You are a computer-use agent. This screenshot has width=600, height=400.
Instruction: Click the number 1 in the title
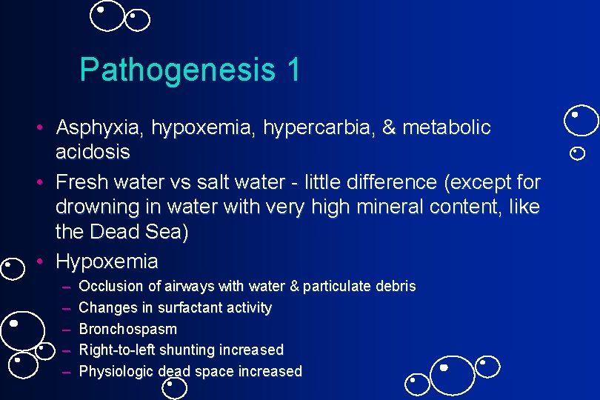pyautogui.click(x=292, y=70)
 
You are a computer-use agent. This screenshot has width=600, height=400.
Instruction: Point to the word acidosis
pyautogui.click(x=93, y=153)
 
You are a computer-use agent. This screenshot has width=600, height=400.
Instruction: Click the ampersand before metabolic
pyautogui.click(x=390, y=128)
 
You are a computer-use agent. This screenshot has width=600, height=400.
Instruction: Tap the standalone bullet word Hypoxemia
pyautogui.click(x=107, y=261)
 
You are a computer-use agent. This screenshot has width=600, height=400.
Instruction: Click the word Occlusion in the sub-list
pyautogui.click(x=109, y=286)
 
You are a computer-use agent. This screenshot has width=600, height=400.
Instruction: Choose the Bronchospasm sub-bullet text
pyautogui.click(x=127, y=328)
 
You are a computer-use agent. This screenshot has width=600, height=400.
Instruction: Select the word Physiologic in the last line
pyautogui.click(x=116, y=371)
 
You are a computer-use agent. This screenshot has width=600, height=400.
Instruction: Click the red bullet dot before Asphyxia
pyautogui.click(x=43, y=128)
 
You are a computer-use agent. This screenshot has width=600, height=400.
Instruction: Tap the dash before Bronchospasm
pyautogui.click(x=67, y=328)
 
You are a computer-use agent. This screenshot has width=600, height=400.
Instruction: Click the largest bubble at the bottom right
pyautogui.click(x=452, y=375)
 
